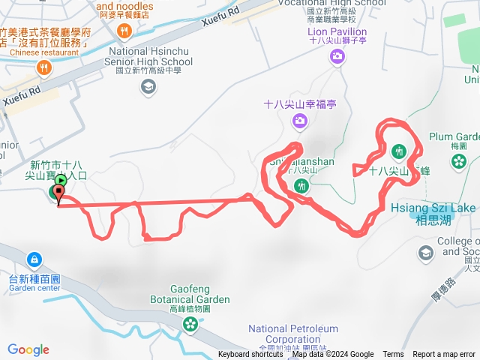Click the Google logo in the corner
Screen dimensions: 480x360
28,349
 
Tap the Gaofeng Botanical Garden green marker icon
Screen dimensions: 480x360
190,324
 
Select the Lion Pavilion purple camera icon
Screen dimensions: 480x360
338,55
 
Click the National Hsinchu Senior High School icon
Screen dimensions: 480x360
148,88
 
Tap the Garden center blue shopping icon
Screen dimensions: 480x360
34,260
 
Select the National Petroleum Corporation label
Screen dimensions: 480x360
293,334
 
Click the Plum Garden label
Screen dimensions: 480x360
454,136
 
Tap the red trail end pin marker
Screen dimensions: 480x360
58,195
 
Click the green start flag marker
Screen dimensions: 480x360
61,181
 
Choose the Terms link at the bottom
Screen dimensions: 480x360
393,355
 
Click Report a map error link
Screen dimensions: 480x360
444,355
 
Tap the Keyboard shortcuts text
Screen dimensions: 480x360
250,355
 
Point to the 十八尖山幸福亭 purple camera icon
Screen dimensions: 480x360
300,121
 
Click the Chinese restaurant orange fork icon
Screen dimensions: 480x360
43,68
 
